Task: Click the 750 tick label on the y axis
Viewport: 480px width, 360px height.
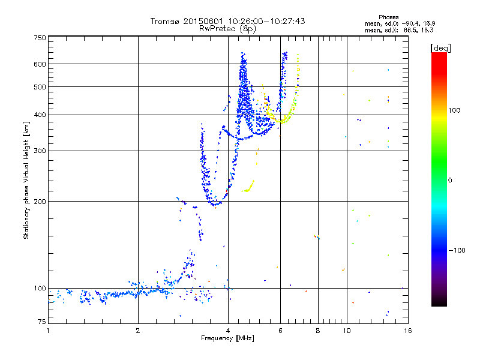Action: (x=40, y=37)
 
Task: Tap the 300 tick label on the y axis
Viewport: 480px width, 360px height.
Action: (x=40, y=151)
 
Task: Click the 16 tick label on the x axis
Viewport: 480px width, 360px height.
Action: (x=407, y=331)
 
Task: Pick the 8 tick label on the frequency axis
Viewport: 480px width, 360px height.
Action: (x=318, y=331)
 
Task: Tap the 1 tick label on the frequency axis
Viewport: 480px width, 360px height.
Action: (x=48, y=331)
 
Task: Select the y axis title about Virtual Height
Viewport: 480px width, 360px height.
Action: (x=26, y=180)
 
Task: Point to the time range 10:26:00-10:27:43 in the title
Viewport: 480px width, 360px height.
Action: (x=269, y=21)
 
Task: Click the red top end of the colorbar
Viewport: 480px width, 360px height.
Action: (x=439, y=55)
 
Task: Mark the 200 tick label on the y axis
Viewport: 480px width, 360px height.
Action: (x=40, y=202)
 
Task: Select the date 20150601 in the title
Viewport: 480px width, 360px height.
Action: (x=200, y=21)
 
